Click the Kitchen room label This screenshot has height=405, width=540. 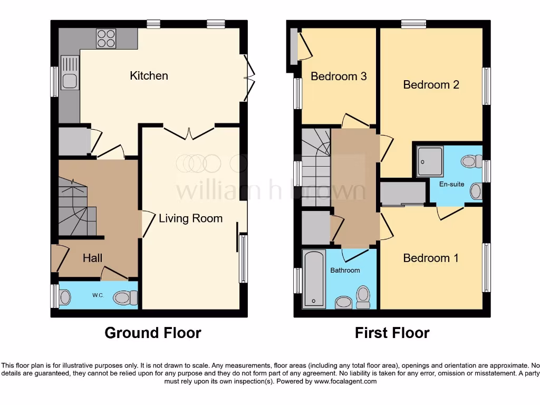pos(149,76)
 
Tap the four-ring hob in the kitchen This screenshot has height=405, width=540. pos(106,38)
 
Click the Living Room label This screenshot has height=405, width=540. pos(190,218)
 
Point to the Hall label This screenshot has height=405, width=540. pos(92,258)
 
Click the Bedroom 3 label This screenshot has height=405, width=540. pos(339,76)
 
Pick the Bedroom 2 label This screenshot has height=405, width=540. pos(431,84)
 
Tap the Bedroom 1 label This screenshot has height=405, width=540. pos(430,258)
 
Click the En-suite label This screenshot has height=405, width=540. pos(451,184)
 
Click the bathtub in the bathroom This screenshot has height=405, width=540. pos(314,279)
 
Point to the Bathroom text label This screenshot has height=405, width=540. pos(345,270)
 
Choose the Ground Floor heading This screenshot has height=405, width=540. pos(152,333)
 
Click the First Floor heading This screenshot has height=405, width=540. pos(392,333)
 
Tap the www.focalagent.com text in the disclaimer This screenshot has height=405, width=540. pos(345,381)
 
